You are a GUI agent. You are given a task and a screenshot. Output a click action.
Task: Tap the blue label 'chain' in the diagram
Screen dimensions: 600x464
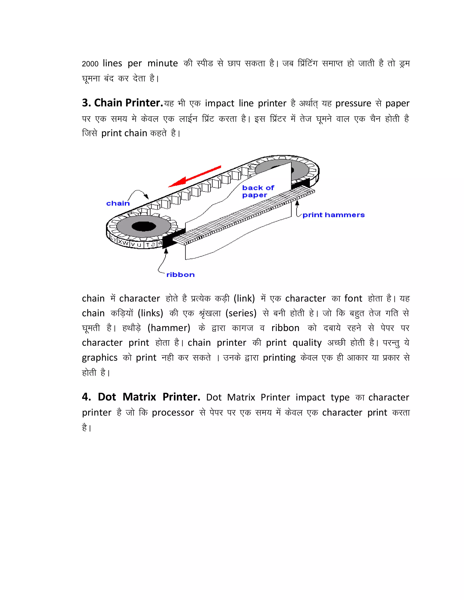pos(118,204)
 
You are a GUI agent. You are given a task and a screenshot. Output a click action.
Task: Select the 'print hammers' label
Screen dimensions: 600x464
pos(333,215)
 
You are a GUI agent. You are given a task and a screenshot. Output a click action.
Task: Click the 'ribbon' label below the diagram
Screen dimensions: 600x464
pos(180,275)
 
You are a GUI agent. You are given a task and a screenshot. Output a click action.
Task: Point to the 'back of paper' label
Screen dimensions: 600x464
pos(258,191)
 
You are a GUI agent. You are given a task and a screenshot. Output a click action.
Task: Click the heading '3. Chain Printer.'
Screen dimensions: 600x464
pos(122,103)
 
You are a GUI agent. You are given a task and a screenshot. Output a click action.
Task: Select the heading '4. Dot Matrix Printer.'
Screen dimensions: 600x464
pos(141,397)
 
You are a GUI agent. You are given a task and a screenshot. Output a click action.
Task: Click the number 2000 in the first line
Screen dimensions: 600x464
pos(90,64)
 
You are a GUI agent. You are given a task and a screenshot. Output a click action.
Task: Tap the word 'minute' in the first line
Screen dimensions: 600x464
pos(162,63)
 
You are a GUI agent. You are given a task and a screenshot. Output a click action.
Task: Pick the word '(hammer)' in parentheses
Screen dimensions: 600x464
pos(169,328)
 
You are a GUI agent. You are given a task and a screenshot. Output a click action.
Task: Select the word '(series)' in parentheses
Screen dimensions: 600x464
pos(241,313)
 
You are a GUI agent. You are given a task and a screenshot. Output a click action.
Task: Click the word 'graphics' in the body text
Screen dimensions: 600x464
pos(99,358)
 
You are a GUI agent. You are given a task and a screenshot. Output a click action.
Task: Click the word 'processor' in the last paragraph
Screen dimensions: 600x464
pos(173,413)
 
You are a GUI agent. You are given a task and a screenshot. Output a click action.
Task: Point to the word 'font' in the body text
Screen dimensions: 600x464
pos(353,298)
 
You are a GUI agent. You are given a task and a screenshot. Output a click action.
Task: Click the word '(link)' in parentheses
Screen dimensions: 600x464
pos(244,298)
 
